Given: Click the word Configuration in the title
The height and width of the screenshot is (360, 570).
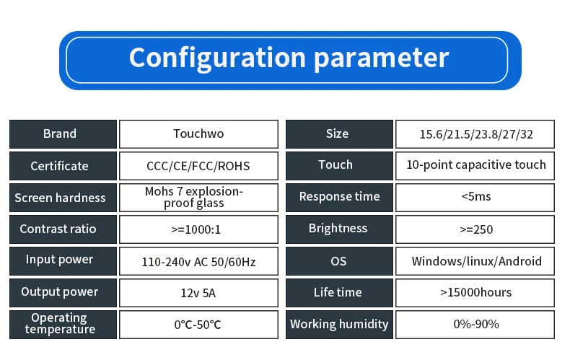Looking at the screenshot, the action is tap(217, 58).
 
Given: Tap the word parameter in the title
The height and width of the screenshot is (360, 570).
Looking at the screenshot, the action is tap(382, 59).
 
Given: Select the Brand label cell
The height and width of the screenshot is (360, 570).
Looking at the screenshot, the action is tap(63, 134).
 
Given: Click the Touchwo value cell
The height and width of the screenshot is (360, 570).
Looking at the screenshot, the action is tap(198, 134).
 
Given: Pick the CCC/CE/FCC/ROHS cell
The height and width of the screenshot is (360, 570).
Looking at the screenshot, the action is tap(198, 166).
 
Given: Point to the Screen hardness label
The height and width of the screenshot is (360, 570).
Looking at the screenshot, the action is tap(60, 198).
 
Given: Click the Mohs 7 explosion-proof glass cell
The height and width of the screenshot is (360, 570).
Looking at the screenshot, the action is tap(198, 198).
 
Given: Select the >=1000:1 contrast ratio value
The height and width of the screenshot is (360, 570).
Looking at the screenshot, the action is tap(196, 229).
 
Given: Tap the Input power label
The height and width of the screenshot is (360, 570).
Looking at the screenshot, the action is tap(59, 260).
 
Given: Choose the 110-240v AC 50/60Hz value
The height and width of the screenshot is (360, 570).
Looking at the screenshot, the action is tap(198, 262).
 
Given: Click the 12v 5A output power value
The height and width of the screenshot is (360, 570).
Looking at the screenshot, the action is tap(198, 293).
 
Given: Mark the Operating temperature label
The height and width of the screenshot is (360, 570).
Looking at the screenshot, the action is tap(60, 323).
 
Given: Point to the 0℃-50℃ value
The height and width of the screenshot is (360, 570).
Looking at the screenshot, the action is tap(198, 325).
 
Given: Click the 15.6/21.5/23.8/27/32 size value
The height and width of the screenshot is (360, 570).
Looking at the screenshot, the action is tap(476, 134).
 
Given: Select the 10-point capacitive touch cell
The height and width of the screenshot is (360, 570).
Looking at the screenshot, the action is tap(475, 166).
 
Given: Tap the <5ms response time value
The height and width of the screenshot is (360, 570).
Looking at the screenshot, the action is tap(476, 197).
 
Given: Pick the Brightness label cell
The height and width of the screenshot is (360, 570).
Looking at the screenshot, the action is tap(339, 229).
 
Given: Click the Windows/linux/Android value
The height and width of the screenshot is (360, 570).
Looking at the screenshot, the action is tap(477, 261).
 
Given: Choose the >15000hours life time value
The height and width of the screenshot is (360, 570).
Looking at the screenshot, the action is tap(475, 292).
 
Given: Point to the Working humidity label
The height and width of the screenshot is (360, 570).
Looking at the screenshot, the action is tap(339, 325).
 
